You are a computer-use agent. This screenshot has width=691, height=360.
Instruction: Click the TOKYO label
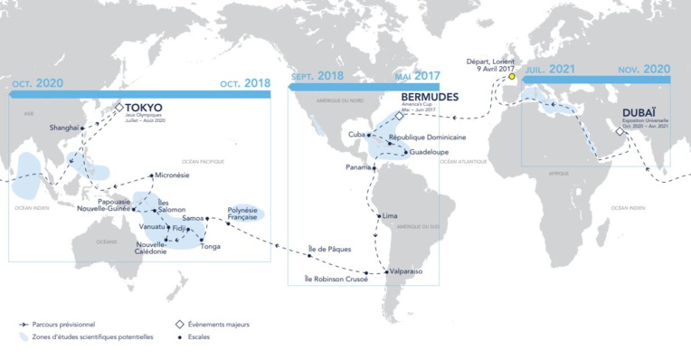coord(143,107)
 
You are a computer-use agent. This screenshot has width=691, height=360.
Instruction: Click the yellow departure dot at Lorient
coord(510,76)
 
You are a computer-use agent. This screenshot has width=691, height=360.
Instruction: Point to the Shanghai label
coord(64,128)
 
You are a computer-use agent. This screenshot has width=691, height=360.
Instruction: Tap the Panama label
coord(359,168)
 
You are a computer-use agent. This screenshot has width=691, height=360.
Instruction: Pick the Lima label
coord(390,216)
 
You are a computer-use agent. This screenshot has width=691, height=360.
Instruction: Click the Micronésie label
coord(172,175)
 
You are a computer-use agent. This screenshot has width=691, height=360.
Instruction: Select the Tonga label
coord(210,245)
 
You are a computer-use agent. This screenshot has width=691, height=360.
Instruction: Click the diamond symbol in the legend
coord(179,323)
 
